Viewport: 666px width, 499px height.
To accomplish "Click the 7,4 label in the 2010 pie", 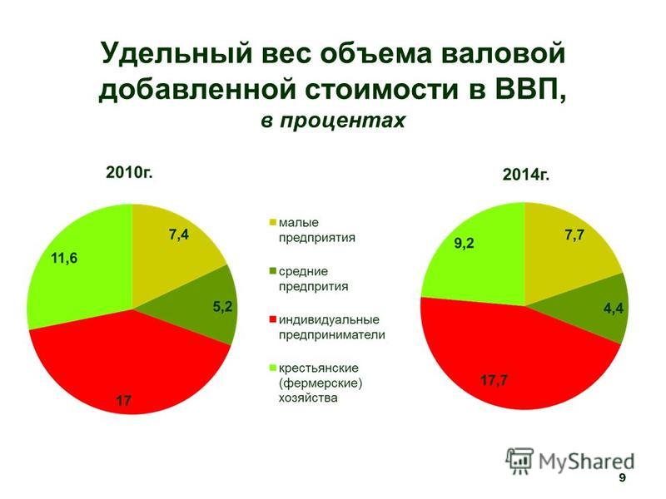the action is [x=179, y=235].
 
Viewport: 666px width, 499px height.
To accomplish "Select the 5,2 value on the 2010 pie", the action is [x=223, y=306].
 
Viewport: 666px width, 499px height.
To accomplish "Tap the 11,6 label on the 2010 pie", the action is [x=64, y=258].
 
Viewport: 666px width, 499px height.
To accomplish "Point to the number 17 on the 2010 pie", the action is [x=123, y=400].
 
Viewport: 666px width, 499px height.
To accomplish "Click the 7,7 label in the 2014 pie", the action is [x=574, y=235].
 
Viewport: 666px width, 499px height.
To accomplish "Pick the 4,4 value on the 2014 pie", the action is [x=614, y=308].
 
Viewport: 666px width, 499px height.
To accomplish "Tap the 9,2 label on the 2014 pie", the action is [x=464, y=244].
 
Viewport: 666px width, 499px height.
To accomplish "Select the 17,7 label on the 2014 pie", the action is [x=494, y=380].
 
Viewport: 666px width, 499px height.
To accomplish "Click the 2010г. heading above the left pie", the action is [x=129, y=173].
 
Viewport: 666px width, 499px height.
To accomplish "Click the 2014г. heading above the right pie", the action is [x=526, y=175].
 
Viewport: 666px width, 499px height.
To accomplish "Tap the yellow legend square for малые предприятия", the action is [x=273, y=222].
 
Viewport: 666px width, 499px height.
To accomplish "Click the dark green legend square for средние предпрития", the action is [x=273, y=271].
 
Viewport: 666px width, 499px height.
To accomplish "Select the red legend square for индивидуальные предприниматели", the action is [x=273, y=319].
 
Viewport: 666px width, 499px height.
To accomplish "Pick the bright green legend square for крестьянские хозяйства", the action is [x=273, y=368].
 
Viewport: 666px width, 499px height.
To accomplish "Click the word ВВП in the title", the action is [x=529, y=89].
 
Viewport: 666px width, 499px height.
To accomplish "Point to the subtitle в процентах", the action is [x=333, y=121].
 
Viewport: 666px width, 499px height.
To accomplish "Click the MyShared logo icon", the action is [x=519, y=461].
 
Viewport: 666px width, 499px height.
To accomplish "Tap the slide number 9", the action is [x=622, y=477].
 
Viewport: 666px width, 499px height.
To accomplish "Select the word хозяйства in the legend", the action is [x=308, y=398].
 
